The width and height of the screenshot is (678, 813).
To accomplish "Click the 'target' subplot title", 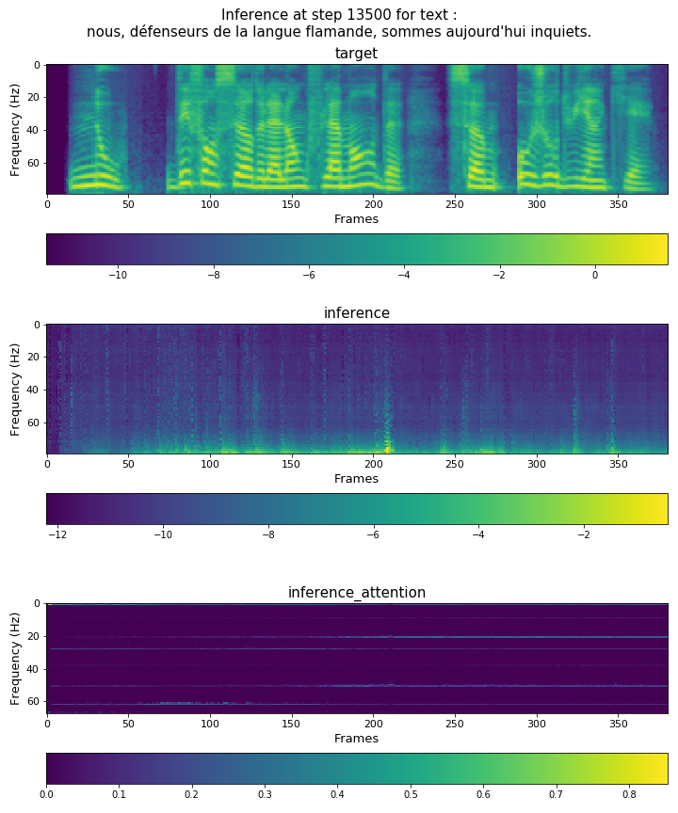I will pos(356,54).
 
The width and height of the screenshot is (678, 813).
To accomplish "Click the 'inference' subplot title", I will pos(356,313).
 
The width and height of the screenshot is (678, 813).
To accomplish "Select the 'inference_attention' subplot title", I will pos(356,592).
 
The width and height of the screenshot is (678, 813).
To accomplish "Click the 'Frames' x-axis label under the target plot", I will pos(356,219).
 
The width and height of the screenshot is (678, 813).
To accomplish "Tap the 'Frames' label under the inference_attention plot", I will pos(356,739).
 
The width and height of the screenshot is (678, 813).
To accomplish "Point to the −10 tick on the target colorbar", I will pos(119,276).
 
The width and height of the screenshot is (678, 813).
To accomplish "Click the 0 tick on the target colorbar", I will pos(595,276).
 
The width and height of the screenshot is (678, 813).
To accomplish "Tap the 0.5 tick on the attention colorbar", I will pos(411,795).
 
